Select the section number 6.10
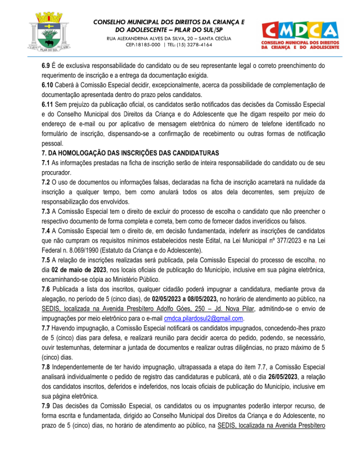pyautogui.click(x=48, y=85)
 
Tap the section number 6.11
pyautogui.click(x=48, y=104)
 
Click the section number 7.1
pyautogui.click(x=46, y=162)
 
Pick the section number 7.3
pyautogui.click(x=46, y=211)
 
